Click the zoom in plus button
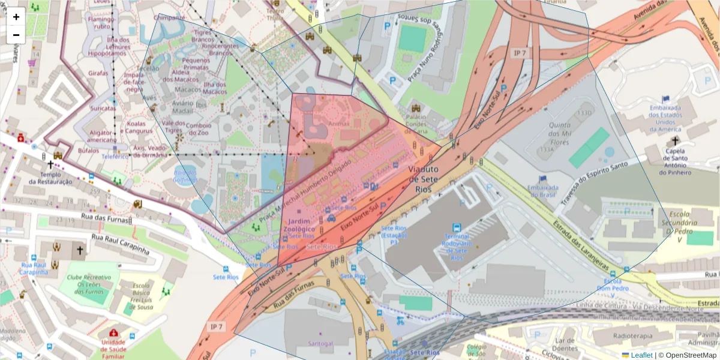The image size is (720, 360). [x=16, y=17]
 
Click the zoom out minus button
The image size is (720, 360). [x=16, y=35]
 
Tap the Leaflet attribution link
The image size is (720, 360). [x=641, y=355]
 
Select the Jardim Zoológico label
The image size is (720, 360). [x=298, y=226]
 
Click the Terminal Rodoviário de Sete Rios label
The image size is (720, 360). [x=457, y=247]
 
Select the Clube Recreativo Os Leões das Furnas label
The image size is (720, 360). [x=89, y=284]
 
